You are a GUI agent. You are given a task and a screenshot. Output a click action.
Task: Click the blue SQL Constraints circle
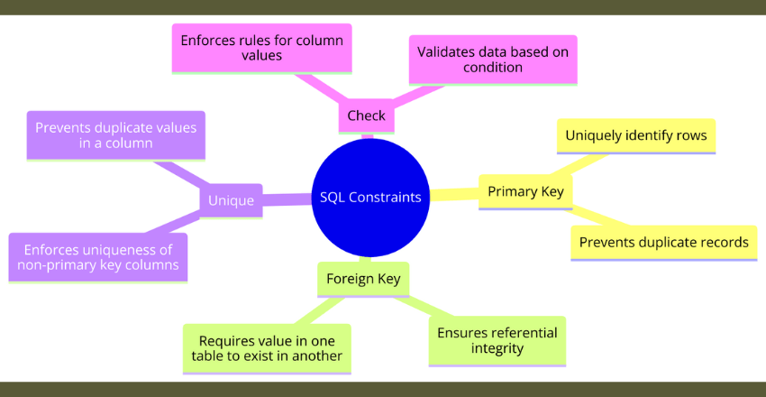click(x=370, y=198)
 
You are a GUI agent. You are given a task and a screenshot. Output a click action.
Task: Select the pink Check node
click(x=366, y=115)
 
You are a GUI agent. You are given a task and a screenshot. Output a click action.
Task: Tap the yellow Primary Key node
click(x=524, y=191)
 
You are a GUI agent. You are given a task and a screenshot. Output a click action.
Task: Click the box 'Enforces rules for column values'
click(x=260, y=49)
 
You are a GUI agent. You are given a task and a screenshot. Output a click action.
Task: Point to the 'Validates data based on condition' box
click(x=493, y=60)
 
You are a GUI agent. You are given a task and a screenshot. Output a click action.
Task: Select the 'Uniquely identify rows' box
click(x=635, y=136)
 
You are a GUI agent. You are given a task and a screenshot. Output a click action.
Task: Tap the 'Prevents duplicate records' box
click(x=663, y=242)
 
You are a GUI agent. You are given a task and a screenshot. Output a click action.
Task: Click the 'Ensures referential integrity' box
click(x=497, y=340)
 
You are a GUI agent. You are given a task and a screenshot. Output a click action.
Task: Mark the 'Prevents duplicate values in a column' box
click(x=115, y=135)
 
